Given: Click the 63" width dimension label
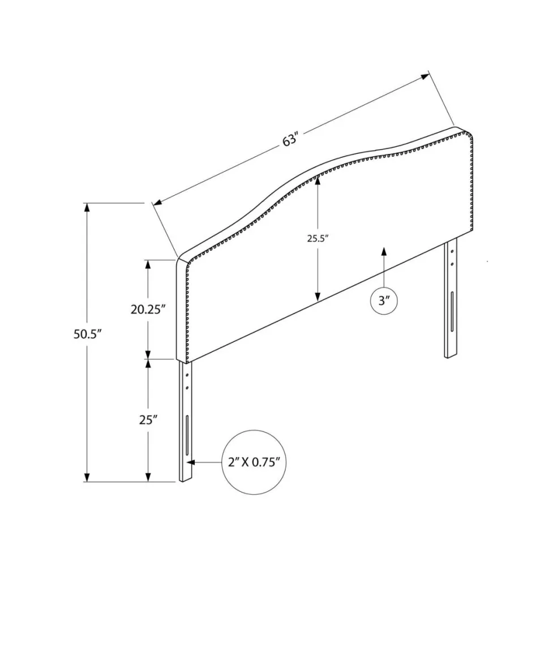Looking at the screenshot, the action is coord(291,139).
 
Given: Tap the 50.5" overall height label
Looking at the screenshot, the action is coord(88,334).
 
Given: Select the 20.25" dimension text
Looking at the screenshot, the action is coord(148,310).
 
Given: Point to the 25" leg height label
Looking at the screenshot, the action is coord(148,420).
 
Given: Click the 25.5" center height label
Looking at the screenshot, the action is coord(318,239).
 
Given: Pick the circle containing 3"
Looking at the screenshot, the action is coord(384,300).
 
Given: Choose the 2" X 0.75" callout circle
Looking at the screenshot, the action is coord(254,462).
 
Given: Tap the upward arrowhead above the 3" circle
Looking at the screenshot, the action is coord(384,251).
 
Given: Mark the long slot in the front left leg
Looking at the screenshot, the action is coord(187,435).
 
